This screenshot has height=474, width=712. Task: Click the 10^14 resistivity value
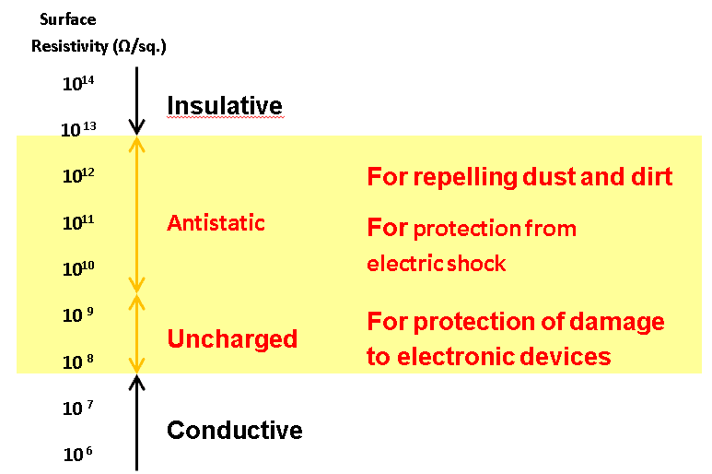[79, 85]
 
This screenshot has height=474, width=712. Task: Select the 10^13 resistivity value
[79, 130]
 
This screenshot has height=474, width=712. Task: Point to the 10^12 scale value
[79, 176]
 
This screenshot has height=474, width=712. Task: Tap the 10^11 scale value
[79, 223]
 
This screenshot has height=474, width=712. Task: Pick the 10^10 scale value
[79, 270]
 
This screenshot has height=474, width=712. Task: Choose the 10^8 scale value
[79, 363]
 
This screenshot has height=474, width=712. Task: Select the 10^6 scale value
[79, 456]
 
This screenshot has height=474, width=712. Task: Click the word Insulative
[224, 106]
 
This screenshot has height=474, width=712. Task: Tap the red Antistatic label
[216, 223]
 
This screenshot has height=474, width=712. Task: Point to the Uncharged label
[232, 339]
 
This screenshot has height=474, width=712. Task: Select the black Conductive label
[234, 431]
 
